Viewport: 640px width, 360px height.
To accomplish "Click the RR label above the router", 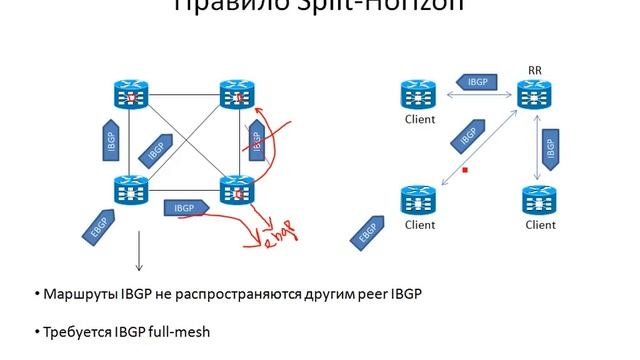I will click(534, 70).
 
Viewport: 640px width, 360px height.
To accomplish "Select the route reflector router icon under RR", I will click(535, 96).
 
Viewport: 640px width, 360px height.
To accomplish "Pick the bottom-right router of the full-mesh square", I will click(237, 191).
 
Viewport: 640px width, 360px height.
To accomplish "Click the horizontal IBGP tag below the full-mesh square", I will click(186, 208).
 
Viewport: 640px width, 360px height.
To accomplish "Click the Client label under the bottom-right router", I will click(540, 225).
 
